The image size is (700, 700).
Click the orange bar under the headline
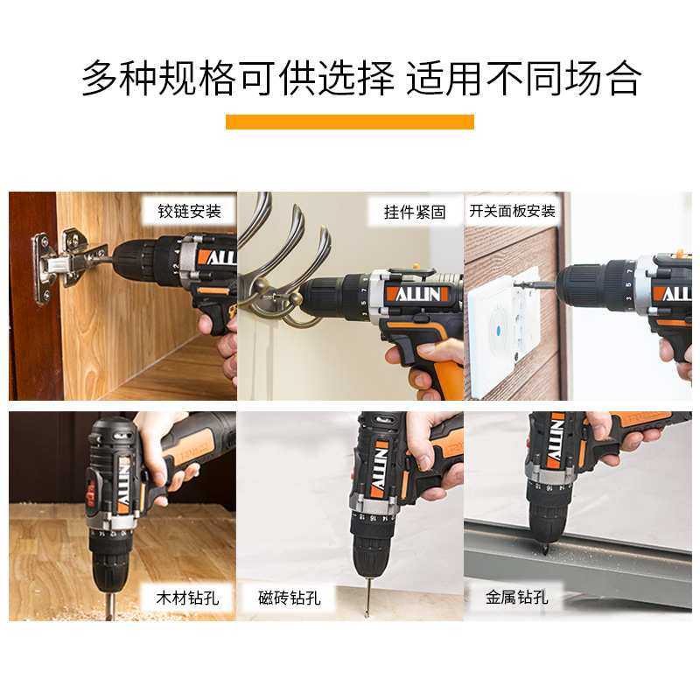point(349,122)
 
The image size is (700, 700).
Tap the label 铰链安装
point(189,212)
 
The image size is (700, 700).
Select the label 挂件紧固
point(415,212)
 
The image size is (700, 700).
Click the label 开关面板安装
point(512,212)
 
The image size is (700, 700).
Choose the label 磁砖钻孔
point(290,598)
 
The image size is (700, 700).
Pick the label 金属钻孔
point(517,598)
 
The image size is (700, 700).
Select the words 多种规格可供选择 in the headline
point(236,78)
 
